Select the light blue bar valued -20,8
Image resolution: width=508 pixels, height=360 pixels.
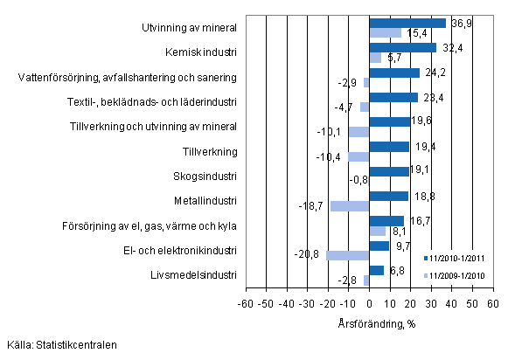347,256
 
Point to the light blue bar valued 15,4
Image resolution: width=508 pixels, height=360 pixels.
385,33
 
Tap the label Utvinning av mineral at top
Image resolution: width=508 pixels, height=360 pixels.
190,28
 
